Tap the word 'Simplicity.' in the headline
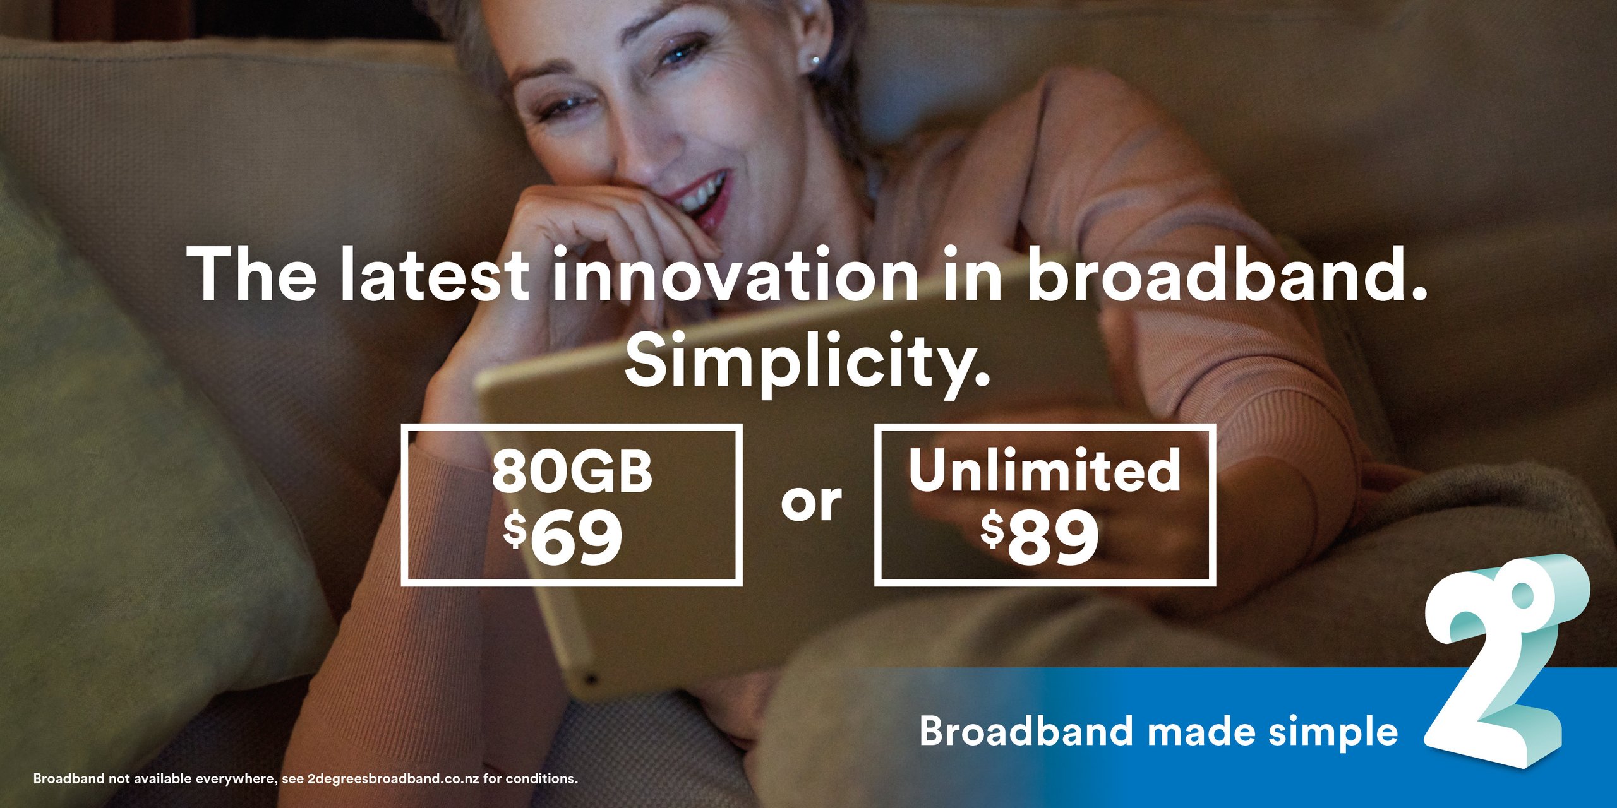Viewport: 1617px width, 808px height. (808, 363)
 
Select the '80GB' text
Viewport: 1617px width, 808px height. (572, 472)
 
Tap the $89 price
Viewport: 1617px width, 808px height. (1040, 537)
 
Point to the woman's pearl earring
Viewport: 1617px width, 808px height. (815, 62)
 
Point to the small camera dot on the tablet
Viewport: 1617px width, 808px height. (591, 679)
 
